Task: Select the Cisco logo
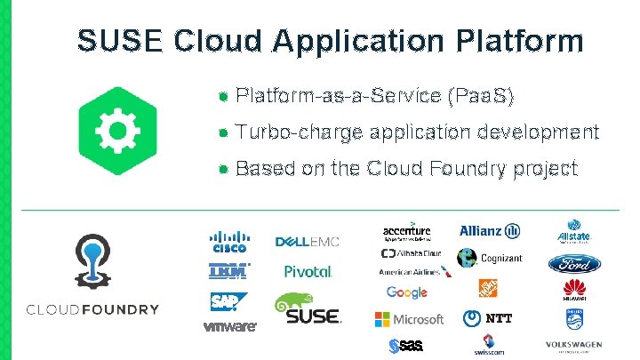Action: (228, 242)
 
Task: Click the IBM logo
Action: (228, 271)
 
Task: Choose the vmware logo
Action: (230, 326)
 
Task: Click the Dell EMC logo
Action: (308, 242)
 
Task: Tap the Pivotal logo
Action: (308, 271)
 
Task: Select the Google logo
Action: (407, 293)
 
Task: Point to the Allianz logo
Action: (490, 232)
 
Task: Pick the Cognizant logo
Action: (490, 258)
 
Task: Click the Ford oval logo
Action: (574, 264)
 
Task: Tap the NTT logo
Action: (488, 318)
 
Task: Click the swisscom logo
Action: (488, 344)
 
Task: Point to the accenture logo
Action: (406, 231)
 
